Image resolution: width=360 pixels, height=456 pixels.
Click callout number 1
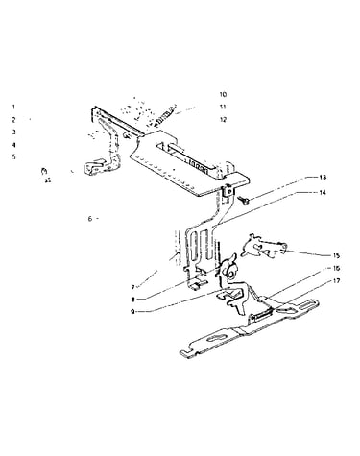[13, 107]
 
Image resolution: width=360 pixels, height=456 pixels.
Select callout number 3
[13, 132]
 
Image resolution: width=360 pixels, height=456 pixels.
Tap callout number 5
[13, 157]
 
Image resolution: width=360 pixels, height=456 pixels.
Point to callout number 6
[90, 219]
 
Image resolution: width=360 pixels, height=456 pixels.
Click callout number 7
[132, 287]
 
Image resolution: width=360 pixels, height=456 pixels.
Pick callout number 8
[132, 300]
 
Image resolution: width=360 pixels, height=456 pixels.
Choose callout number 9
[132, 311]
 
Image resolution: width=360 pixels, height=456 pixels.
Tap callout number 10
[223, 94]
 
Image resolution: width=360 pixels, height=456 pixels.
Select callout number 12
[223, 120]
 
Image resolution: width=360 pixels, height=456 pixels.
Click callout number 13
[322, 178]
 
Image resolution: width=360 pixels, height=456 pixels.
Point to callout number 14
[322, 193]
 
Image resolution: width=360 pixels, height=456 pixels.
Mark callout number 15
[336, 255]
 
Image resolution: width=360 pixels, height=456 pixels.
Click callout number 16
[336, 268]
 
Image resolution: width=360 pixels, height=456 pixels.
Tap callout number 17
[336, 281]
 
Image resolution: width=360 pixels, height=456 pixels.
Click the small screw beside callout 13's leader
[246, 201]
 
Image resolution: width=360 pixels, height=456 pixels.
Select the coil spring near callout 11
[165, 116]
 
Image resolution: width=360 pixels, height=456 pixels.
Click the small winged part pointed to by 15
[262, 247]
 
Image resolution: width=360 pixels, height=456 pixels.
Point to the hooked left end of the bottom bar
[186, 353]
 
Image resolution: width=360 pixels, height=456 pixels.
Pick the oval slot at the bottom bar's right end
[306, 304]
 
